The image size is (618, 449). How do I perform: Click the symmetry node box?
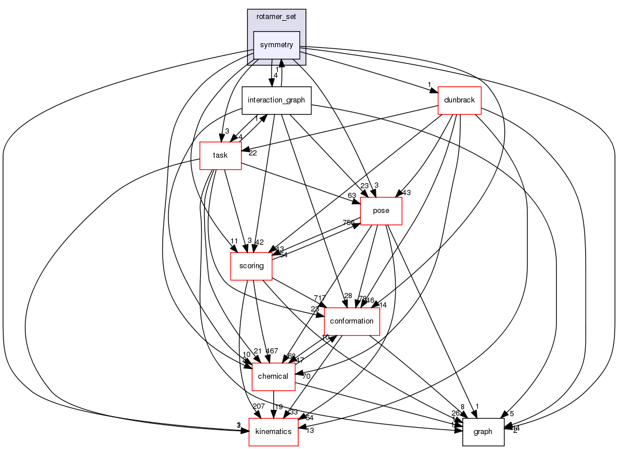pyautogui.click(x=277, y=45)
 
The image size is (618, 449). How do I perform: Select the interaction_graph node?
pyautogui.click(x=277, y=100)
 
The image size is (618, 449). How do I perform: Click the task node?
pyautogui.click(x=220, y=155)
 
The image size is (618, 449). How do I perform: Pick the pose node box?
pyautogui.click(x=381, y=211)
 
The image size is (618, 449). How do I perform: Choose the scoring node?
pyautogui.click(x=251, y=266)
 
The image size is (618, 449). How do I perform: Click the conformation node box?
pyautogui.click(x=352, y=321)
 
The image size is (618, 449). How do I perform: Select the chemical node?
pyautogui.click(x=274, y=376)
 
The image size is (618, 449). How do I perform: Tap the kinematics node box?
pyautogui.click(x=273, y=432)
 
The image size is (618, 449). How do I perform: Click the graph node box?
pyautogui.click(x=483, y=432)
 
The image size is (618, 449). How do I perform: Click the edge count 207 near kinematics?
pyautogui.click(x=259, y=407)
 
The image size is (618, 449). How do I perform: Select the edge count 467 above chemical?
pyautogui.click(x=272, y=351)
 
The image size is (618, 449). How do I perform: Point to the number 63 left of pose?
pyautogui.click(x=352, y=196)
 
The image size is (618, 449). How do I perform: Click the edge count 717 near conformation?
pyautogui.click(x=320, y=297)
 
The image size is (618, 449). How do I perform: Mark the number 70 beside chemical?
pyautogui.click(x=306, y=376)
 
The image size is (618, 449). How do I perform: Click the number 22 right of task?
pyautogui.click(x=253, y=152)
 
